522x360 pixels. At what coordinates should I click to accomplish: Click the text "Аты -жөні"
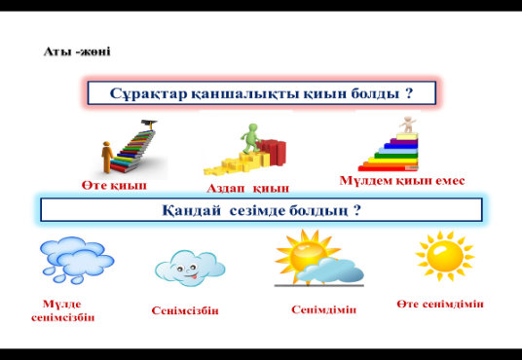(77, 52)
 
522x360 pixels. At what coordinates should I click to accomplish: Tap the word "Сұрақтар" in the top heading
(148, 93)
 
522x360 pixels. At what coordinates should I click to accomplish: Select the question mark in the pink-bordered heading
(409, 92)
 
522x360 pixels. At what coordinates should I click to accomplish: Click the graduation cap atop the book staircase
(149, 124)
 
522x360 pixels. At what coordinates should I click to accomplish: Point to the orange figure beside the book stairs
(107, 157)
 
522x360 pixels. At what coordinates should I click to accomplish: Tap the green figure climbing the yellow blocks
(251, 138)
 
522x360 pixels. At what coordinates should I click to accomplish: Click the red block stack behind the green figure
(273, 152)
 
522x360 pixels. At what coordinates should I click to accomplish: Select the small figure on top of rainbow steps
(408, 124)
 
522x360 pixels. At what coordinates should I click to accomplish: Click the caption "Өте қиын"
(114, 185)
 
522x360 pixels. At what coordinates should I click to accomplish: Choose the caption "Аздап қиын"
(247, 189)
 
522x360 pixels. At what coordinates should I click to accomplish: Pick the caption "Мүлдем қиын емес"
(402, 181)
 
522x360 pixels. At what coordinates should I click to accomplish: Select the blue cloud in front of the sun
(329, 270)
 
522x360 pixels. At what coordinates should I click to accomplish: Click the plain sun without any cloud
(445, 256)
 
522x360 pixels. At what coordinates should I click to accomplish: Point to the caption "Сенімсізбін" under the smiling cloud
(185, 310)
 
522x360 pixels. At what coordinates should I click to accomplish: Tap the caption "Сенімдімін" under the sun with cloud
(324, 309)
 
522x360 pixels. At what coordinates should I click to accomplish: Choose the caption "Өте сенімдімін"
(440, 304)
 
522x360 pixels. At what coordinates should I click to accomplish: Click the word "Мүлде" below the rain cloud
(62, 304)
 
